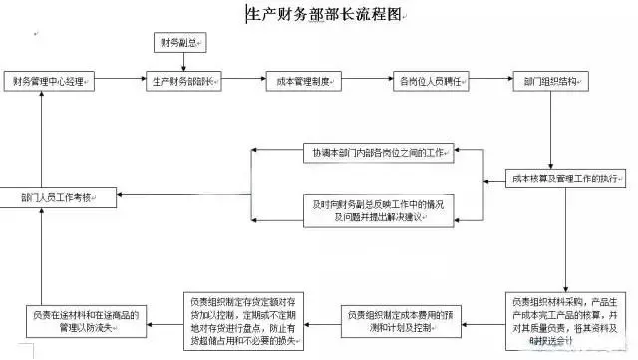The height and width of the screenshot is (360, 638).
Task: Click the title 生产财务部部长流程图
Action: pos(325,14)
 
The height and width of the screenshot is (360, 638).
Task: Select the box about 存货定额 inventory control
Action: pos(244,318)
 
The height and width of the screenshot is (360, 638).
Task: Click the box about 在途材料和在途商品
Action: pos(86,318)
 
